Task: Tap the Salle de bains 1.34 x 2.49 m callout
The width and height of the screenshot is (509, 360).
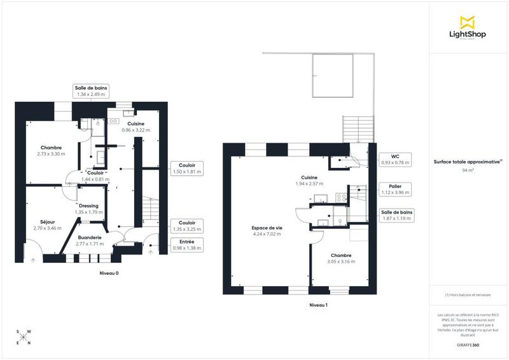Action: click(x=89, y=90)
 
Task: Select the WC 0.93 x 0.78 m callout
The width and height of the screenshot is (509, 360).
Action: click(x=395, y=159)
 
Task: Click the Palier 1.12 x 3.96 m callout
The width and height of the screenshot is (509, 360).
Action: click(x=395, y=189)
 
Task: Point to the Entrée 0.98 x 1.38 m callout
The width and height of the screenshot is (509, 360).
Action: click(x=186, y=244)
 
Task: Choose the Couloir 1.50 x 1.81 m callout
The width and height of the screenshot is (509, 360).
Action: click(x=187, y=168)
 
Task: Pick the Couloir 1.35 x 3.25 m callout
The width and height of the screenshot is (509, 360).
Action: click(x=187, y=225)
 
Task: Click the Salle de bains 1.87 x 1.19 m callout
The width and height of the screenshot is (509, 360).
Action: click(x=397, y=215)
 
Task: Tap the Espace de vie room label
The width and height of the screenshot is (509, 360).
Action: click(x=267, y=230)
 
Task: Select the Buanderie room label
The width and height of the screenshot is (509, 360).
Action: click(x=88, y=240)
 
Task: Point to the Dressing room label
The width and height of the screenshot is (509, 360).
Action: click(x=88, y=209)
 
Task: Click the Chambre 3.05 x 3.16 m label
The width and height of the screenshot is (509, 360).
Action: click(x=340, y=258)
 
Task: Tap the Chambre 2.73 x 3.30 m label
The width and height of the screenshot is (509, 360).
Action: click(x=51, y=151)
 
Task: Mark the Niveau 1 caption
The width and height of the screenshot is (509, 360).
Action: click(x=318, y=305)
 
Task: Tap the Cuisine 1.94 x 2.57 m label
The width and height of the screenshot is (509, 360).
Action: click(x=310, y=181)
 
